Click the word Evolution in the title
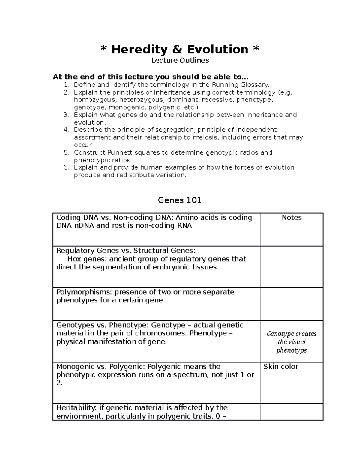(x=218, y=50)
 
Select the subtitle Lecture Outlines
(x=180, y=61)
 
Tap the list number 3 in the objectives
(x=66, y=115)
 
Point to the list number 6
(x=66, y=167)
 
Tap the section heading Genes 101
(x=179, y=200)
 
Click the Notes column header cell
(x=292, y=218)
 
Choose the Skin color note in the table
(x=281, y=367)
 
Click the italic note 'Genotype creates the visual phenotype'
(x=292, y=342)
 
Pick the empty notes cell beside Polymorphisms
(x=292, y=304)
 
